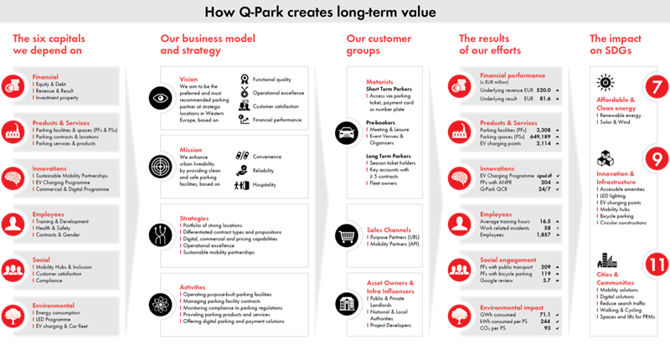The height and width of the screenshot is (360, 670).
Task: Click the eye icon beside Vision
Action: pos(160,97)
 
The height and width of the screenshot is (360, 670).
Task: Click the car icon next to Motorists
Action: pos(347,132)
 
